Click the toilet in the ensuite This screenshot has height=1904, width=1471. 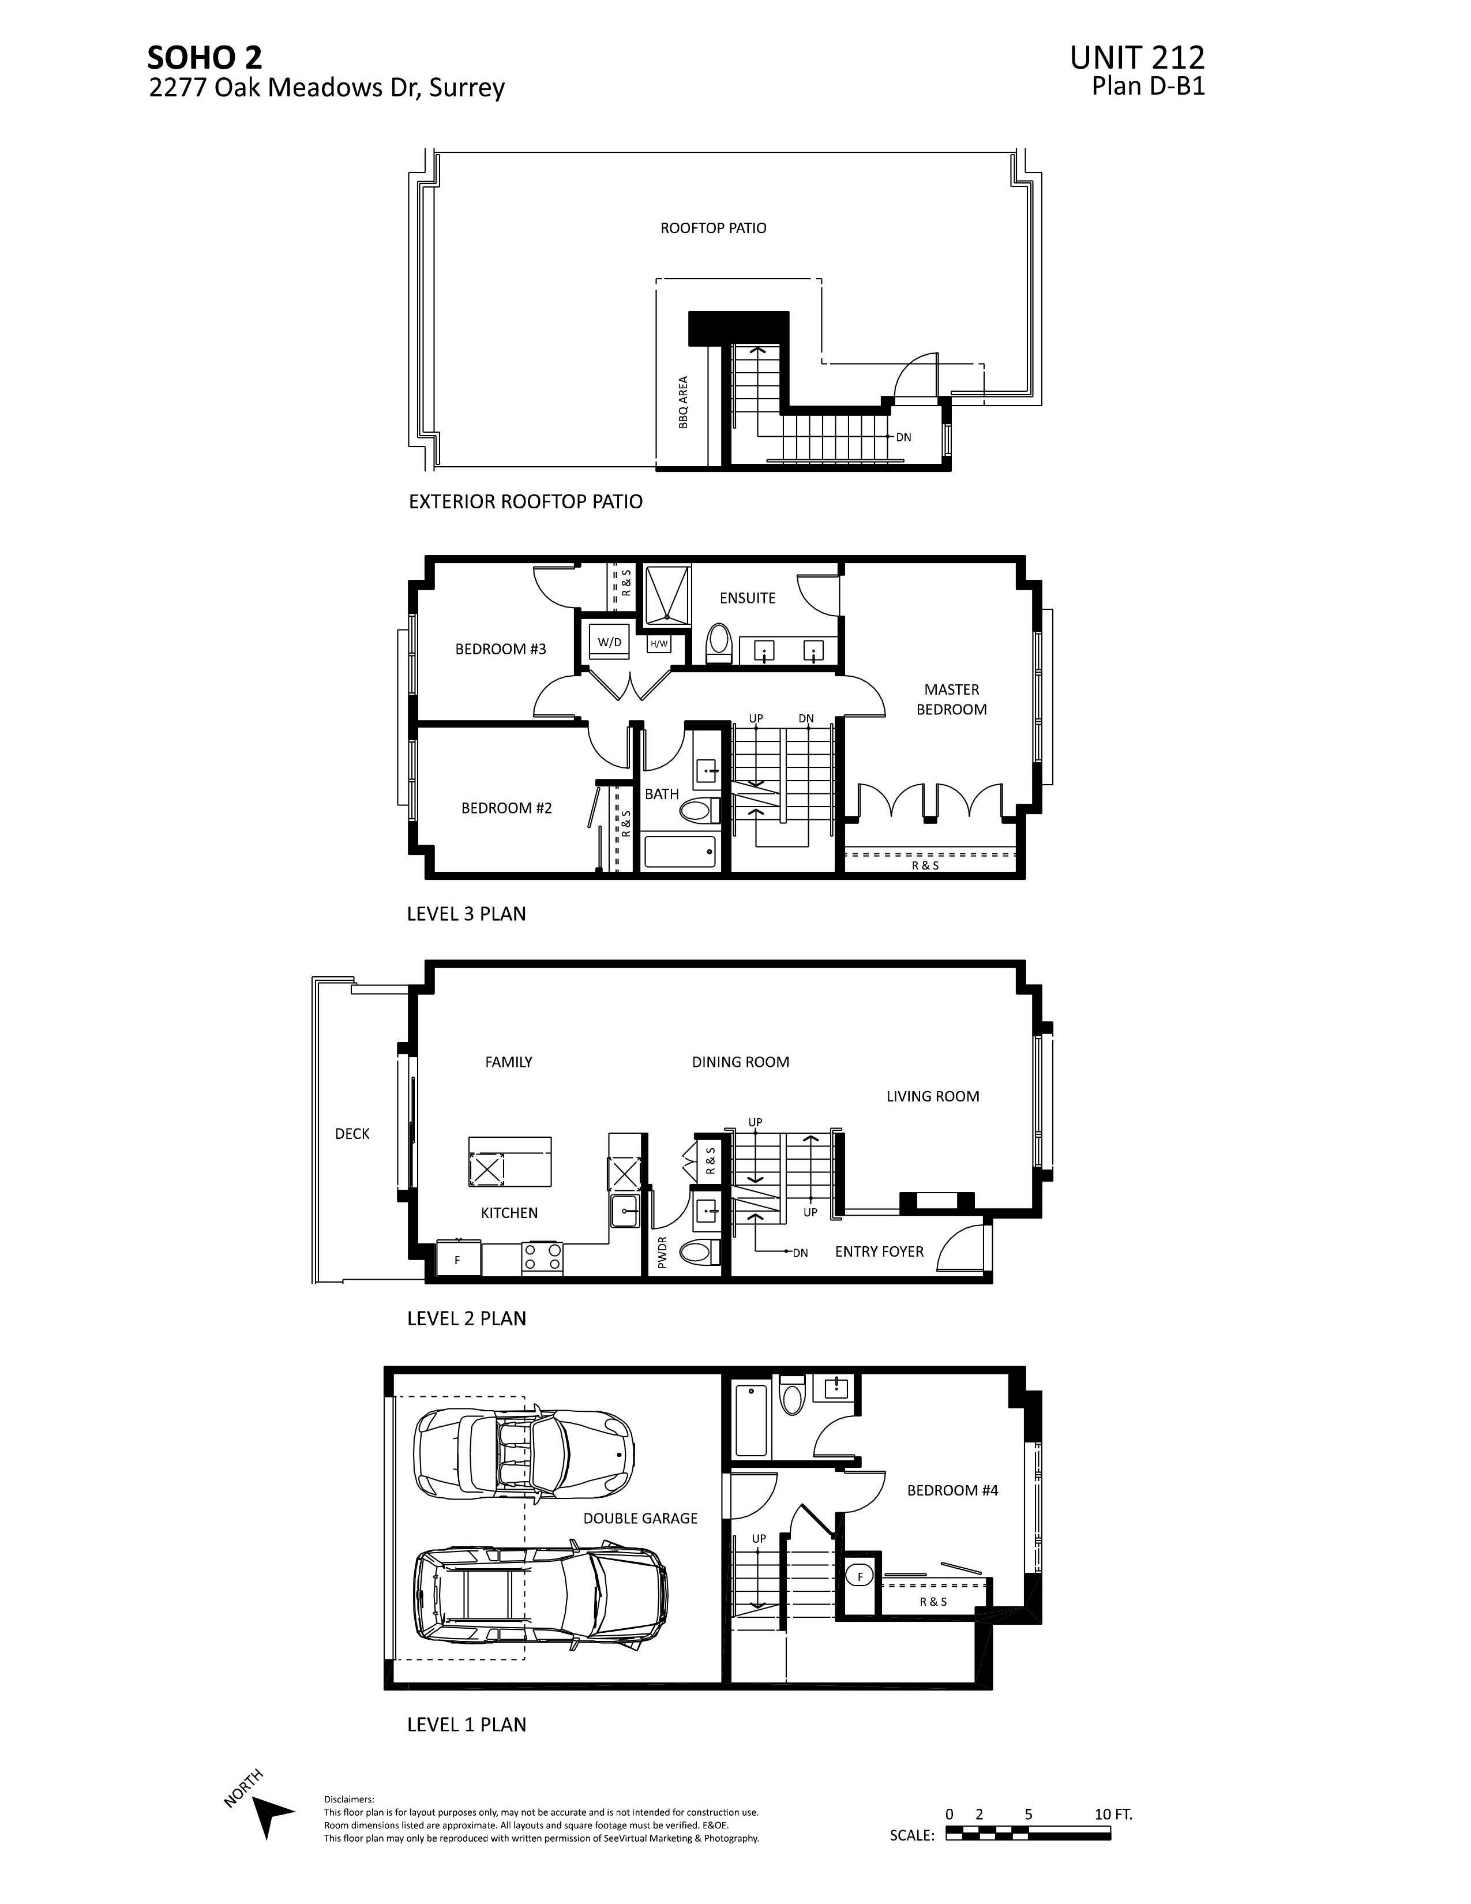coord(718,641)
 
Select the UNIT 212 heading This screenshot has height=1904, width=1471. coord(1136,58)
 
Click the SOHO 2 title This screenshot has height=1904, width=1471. coord(204,58)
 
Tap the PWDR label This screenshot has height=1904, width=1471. coord(662,1252)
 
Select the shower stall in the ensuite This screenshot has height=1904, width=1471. coord(667,595)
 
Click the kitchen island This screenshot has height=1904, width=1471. coord(510,1161)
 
